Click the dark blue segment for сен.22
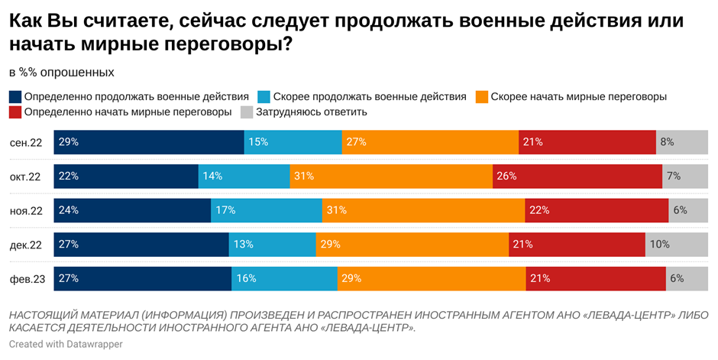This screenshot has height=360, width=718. (149, 142)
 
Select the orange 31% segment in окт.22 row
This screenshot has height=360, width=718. (391, 176)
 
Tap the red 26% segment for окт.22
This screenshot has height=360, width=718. (577, 176)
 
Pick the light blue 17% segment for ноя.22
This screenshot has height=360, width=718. (266, 210)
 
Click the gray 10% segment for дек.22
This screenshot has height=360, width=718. (677, 245)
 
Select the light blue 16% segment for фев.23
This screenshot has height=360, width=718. (284, 279)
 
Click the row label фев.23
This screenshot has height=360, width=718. (27, 279)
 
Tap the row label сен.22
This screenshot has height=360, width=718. (27, 142)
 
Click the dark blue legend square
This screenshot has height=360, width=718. (15, 97)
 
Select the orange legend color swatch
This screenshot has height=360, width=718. (481, 97)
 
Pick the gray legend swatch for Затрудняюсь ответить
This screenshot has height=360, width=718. (247, 112)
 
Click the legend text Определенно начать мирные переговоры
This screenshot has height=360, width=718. (128, 112)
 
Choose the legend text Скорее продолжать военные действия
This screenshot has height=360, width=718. (369, 97)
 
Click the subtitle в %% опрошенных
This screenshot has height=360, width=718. (61, 73)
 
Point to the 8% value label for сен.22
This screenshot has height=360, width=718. (667, 142)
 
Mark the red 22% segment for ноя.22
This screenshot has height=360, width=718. (597, 210)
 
